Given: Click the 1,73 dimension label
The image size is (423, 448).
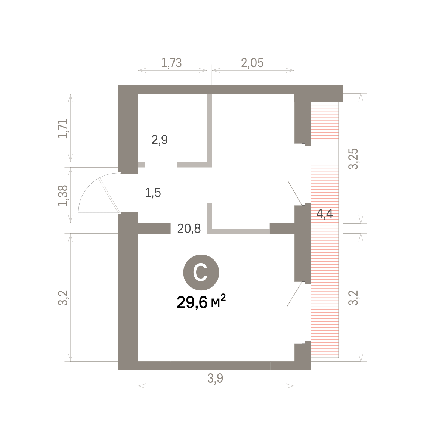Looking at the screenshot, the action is click(172, 63).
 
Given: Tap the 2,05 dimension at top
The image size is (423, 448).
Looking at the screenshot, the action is click(252, 63).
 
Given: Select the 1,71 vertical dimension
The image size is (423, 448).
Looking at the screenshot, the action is click(63, 128).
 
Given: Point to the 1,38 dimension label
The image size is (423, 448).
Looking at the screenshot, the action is click(63, 196).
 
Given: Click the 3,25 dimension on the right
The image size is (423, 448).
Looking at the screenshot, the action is click(353, 159).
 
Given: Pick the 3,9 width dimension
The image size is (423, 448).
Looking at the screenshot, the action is click(215, 378).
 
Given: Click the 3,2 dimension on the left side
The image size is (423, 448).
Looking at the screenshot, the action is click(63, 298).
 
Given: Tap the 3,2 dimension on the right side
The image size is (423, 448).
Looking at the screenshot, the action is click(353, 298).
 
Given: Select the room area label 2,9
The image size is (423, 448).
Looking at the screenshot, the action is click(160, 140).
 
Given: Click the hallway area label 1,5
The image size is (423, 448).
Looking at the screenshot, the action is click(153, 193).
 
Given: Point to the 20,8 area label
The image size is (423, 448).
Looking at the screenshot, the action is click(189, 228).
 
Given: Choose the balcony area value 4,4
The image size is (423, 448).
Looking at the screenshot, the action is click(324, 214).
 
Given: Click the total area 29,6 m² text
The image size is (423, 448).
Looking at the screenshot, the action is click(201, 302).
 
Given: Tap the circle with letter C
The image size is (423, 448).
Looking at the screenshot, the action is click(201, 273).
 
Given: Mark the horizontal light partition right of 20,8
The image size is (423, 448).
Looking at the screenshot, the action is click(238, 231).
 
